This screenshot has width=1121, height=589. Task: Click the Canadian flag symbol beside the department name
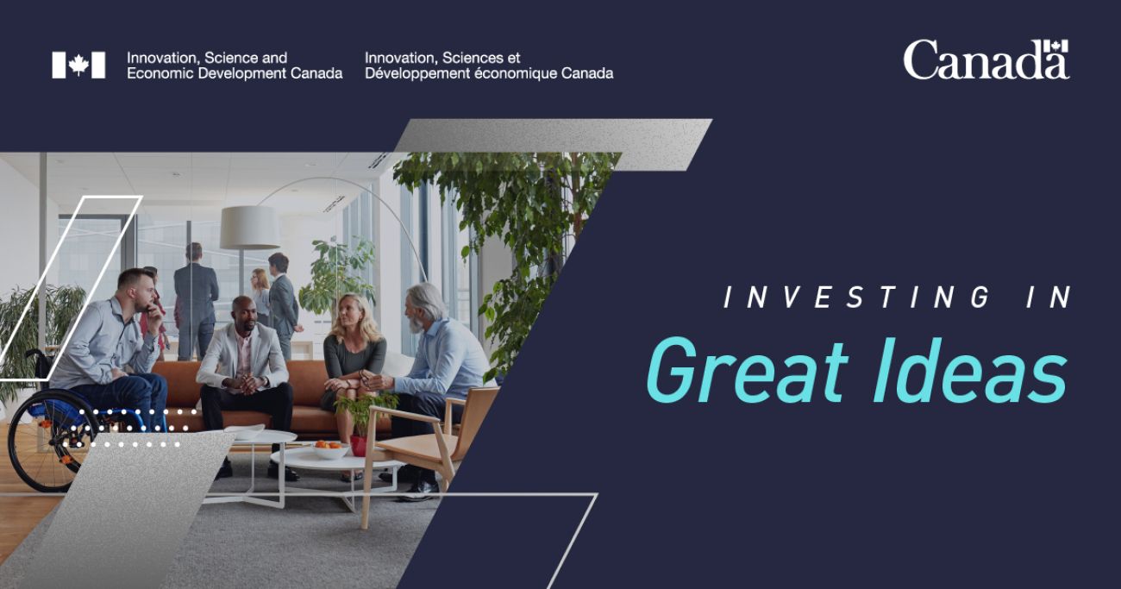pos(78,65)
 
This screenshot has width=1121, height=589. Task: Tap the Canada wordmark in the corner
pos(986,60)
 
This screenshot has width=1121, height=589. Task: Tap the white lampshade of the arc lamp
pos(250,227)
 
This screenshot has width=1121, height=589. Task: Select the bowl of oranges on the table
pos(331,449)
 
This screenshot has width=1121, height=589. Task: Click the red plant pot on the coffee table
pos(359,445)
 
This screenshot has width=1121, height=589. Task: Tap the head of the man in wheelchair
pos(136,290)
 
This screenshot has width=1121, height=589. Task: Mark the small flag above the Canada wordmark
pos(1056,47)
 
